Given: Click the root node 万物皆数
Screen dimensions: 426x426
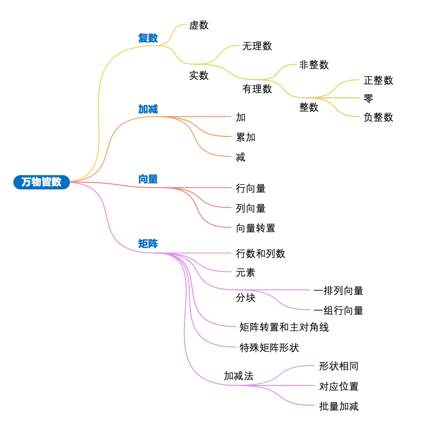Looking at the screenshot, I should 42,182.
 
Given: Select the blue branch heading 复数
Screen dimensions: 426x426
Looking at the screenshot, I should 148,38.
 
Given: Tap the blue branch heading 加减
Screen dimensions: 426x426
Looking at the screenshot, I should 148,109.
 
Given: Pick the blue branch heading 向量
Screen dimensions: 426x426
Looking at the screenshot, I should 148,179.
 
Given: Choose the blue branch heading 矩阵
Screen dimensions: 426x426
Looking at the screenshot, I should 148,244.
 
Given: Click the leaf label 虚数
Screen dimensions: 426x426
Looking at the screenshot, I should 199,25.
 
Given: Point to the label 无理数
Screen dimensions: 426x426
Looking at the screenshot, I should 257,46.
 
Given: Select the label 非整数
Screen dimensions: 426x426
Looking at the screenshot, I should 314,65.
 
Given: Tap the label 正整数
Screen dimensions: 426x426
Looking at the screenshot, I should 378,80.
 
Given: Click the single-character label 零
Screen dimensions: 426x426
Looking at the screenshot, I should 368,98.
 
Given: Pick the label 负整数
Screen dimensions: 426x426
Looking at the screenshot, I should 378,117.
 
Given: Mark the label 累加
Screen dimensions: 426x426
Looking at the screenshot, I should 246,137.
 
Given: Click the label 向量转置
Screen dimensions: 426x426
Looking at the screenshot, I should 256,228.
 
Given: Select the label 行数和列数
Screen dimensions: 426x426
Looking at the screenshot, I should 261,253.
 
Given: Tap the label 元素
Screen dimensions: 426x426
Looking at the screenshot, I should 246,273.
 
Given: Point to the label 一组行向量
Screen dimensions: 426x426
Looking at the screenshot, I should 338,311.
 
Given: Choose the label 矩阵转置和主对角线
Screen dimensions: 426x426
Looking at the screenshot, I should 284,327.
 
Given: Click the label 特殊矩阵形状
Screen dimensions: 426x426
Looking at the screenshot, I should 269,348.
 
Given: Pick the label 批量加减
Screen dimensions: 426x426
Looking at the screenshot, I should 339,406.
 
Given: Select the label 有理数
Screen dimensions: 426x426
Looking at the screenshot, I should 257,89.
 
